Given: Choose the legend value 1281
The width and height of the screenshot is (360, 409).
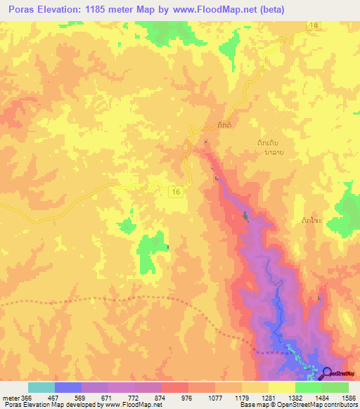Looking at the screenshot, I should (x=269, y=398).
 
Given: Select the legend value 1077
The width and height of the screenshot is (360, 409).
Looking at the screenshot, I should (x=215, y=398).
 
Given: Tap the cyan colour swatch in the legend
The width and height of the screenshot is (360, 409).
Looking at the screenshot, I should (x=41, y=387).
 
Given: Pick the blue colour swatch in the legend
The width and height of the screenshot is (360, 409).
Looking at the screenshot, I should (x=67, y=387).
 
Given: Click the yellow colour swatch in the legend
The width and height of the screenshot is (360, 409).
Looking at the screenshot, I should (x=281, y=387).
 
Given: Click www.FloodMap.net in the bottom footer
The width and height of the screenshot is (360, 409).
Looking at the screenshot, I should (x=131, y=405).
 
